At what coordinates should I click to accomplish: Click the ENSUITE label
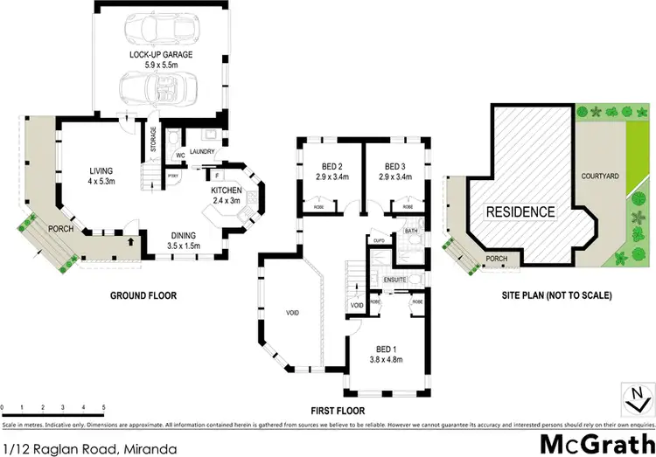[x=396, y=279]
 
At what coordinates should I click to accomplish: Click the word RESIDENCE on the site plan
[x=520, y=211]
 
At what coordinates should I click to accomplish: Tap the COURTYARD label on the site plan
[x=600, y=177]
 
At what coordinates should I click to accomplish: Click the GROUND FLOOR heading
[x=143, y=295]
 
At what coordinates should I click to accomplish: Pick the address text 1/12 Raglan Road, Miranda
[x=89, y=448]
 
